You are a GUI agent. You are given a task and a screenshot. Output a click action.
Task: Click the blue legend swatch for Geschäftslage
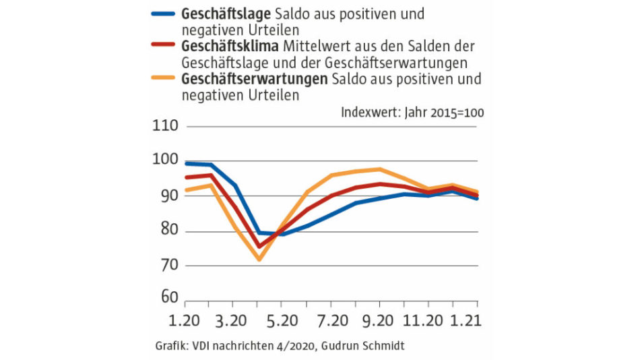[164, 13]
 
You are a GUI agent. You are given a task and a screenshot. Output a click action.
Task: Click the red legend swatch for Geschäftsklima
[164, 47]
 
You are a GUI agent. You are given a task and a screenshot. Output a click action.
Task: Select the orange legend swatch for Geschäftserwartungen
[164, 79]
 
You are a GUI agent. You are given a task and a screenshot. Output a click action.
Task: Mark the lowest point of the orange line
[259, 260]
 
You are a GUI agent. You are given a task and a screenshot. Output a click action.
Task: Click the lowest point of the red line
[259, 247]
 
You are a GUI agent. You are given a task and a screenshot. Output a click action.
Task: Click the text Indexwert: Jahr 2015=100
[412, 113]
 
